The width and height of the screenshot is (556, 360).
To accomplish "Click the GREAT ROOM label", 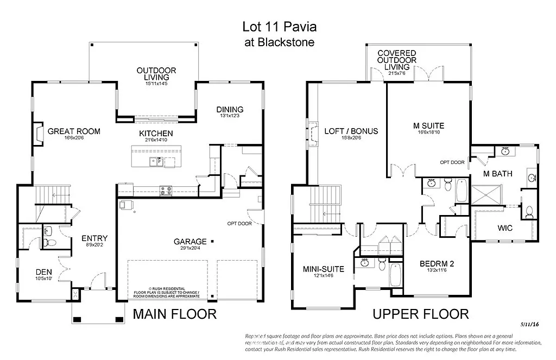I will [x=74, y=131].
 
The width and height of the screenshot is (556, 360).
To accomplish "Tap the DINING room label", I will [x=230, y=110].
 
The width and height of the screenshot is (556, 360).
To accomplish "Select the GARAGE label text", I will [x=190, y=242].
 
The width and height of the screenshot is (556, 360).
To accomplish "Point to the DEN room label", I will [x=43, y=272].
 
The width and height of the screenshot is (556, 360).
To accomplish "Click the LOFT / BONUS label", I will [x=351, y=131].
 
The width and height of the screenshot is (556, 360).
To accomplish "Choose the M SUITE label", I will [x=429, y=125].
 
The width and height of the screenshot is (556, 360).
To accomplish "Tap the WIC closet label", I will [x=504, y=228].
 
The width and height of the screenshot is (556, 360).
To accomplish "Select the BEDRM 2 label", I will [x=437, y=264].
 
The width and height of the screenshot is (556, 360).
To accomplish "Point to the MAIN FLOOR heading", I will [x=175, y=314].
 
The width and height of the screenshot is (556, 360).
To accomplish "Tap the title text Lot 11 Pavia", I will [x=279, y=27].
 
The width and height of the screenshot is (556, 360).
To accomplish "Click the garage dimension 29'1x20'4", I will [x=190, y=249].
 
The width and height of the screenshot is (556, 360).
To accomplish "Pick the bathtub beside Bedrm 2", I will [x=396, y=276].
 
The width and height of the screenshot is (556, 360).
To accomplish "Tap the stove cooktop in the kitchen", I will [x=166, y=190].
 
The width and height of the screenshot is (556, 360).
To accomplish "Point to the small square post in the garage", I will [x=212, y=241].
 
